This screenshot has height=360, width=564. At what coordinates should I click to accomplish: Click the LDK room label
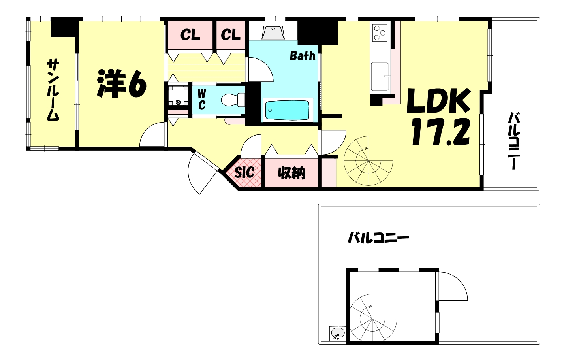438,101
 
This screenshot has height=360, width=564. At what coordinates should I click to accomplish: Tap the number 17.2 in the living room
440,132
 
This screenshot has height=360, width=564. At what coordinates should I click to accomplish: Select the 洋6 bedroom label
121,84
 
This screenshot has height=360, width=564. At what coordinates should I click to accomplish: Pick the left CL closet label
190,35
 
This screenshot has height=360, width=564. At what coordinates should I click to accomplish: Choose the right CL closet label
231,35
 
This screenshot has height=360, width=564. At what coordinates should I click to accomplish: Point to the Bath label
303,56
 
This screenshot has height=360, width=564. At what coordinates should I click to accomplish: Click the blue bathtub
288,109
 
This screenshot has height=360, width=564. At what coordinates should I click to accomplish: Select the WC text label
202,100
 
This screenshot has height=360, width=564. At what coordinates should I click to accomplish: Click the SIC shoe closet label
244,172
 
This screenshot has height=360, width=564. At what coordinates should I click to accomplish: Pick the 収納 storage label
291,173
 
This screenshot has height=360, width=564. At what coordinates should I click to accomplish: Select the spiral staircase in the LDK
368,161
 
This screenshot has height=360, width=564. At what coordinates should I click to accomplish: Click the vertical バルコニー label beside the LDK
514,141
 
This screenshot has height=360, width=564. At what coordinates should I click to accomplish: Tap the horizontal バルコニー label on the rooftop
378,238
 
